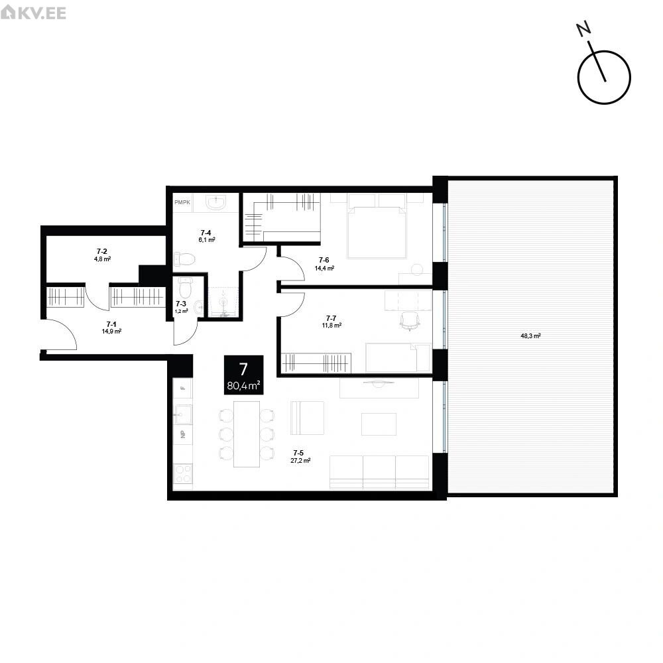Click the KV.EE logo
pos(33,12)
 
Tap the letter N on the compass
pos(584,29)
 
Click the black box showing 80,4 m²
pos(243,375)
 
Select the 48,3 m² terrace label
pos(530,336)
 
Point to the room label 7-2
pos(102,251)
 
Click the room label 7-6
pos(324,260)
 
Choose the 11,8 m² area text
pos(331,325)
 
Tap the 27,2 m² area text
pos(300,461)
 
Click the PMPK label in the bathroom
pos(182,202)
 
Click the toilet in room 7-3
pos(185,288)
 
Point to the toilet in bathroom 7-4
pos(184,259)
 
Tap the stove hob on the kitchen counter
pos(183,473)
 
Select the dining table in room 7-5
pos(247,434)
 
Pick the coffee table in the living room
pos(379,424)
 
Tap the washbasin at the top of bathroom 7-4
pos(217,202)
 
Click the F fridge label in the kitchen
pos(183,388)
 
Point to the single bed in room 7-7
pos(398,358)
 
